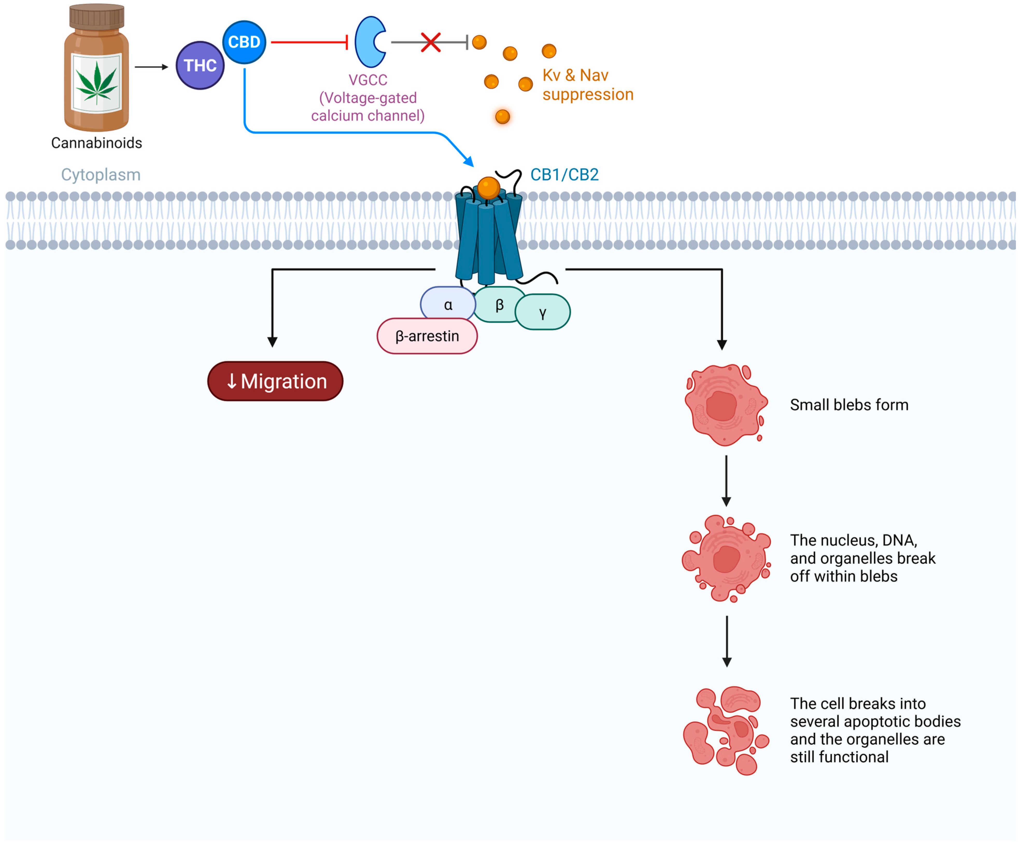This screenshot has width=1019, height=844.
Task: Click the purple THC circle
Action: click(200, 66)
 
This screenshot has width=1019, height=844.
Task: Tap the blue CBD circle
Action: click(244, 42)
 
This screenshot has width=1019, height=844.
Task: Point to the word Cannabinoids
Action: click(97, 143)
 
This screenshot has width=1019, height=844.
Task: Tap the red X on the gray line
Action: click(430, 42)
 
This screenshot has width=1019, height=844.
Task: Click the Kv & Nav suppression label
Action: click(588, 85)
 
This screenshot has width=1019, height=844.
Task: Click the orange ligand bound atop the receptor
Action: click(488, 188)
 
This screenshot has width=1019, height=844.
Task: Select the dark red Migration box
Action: click(275, 382)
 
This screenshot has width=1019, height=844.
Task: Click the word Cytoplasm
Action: click(101, 175)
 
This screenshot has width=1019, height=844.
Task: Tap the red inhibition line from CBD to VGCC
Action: click(309, 42)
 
